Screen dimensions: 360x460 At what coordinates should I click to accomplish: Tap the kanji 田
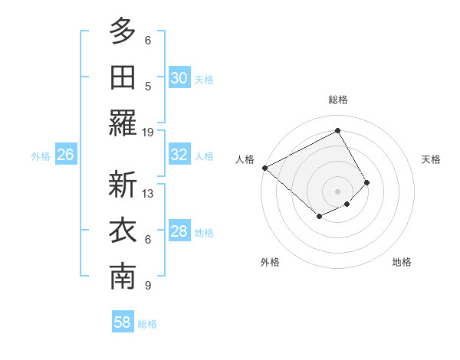tap(123, 77)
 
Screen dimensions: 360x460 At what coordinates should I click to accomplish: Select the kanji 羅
tap(123, 123)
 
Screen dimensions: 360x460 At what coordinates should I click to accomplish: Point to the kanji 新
tap(123, 185)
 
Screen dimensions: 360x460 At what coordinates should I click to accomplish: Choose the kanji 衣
tap(123, 231)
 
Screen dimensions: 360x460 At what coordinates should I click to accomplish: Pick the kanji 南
tap(123, 277)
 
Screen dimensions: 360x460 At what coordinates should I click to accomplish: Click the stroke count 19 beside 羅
tap(148, 132)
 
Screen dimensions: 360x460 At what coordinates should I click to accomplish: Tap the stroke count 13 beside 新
tap(148, 194)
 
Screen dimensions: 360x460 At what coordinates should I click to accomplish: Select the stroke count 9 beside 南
tap(148, 286)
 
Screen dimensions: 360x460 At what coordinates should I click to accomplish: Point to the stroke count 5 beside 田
tap(148, 86)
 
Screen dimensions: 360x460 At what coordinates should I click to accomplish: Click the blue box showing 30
tap(179, 78)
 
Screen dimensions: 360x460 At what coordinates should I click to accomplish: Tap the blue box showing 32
tap(179, 155)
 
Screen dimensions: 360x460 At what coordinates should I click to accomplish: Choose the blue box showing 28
tap(179, 231)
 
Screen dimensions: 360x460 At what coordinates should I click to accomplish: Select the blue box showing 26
tap(65, 155)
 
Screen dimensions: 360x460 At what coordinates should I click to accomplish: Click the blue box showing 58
tap(123, 322)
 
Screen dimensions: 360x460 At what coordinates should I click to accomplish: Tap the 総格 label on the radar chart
tap(337, 100)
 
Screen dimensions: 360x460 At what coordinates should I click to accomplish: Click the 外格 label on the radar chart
tap(269, 262)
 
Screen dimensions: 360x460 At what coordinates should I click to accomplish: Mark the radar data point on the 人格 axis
tap(264, 168)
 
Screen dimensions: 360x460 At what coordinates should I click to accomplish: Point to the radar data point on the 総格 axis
tap(337, 130)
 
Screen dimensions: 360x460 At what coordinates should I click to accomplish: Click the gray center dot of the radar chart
tap(337, 191)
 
